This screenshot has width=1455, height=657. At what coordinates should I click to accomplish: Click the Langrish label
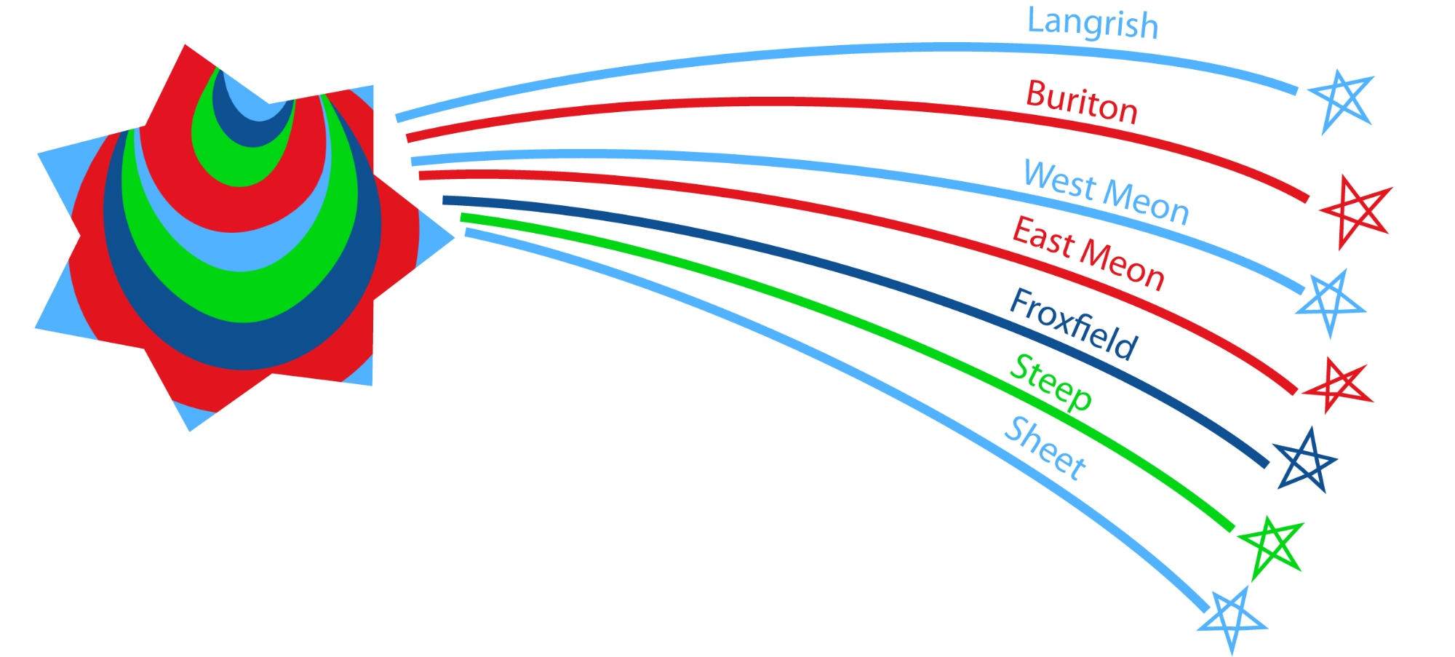coord(1093,23)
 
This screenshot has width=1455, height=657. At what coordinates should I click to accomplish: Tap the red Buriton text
coord(1082,102)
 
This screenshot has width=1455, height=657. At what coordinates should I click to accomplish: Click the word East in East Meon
coord(1043,237)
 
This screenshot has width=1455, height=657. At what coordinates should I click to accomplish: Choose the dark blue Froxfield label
coord(1073,324)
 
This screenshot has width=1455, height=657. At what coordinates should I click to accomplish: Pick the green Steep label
coord(1051,383)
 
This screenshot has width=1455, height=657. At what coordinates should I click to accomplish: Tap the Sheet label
coord(1045,448)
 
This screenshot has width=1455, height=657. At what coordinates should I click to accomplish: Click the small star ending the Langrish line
coord(1341,101)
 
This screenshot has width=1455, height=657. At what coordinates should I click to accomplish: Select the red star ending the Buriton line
coord(1355,210)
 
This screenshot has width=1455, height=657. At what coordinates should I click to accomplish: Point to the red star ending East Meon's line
coord(1337,385)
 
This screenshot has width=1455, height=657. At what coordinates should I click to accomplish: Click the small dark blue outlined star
coord(1305,461)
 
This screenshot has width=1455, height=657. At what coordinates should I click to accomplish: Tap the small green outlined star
coord(1270,547)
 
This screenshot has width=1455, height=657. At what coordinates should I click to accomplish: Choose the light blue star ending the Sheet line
coord(1232,620)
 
